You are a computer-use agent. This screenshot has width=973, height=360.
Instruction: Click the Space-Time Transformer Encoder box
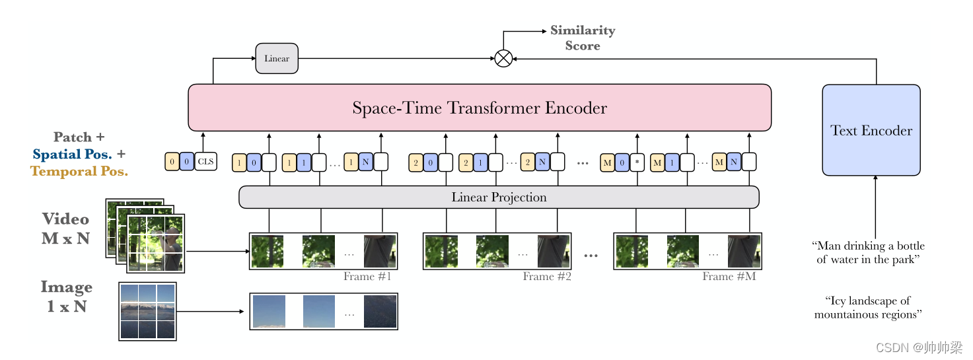tap(480, 108)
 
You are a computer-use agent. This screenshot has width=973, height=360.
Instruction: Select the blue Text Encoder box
tap(871, 130)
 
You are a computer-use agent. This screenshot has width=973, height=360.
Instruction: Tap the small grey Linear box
tap(277, 58)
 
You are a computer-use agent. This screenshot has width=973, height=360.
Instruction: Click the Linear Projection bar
tap(499, 197)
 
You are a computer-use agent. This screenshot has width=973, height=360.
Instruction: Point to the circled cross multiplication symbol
tap(503, 59)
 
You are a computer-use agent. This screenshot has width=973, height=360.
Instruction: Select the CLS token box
tap(205, 162)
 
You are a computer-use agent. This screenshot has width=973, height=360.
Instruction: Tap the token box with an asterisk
tap(637, 162)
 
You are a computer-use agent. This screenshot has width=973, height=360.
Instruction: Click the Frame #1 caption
tap(367, 276)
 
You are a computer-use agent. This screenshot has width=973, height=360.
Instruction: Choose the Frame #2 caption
tap(547, 276)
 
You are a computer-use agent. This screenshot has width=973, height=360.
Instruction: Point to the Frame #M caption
tap(729, 276)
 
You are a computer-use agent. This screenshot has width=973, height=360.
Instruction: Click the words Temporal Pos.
tap(79, 171)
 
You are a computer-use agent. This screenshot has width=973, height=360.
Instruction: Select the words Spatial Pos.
tap(73, 155)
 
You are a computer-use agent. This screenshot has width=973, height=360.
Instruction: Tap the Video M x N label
tap(65, 229)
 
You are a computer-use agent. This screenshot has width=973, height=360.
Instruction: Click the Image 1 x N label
tap(66, 297)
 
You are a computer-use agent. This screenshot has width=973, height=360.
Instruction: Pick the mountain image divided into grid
tap(147, 311)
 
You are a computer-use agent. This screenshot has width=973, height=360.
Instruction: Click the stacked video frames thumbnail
tap(145, 235)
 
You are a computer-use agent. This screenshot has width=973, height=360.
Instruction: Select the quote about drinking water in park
tap(867, 252)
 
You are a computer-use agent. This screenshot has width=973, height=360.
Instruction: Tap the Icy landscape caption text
tap(867, 308)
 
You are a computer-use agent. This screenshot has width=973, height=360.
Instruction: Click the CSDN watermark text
tap(918, 347)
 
